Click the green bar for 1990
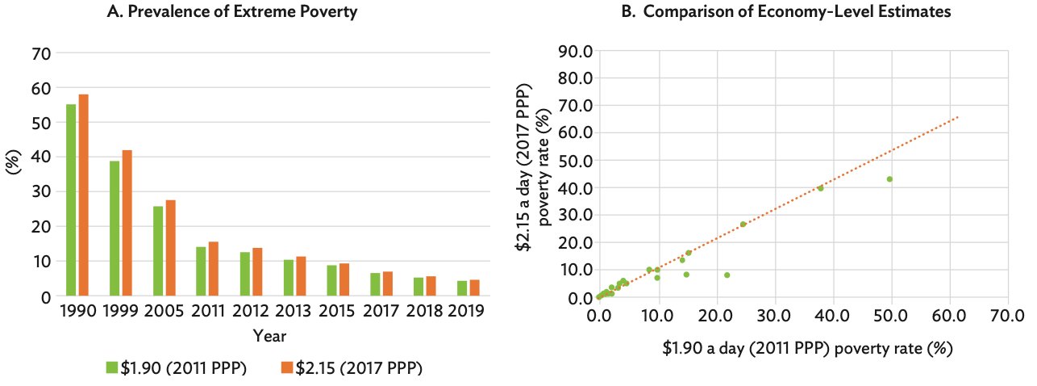click(x=71, y=200)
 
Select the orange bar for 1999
click(x=127, y=223)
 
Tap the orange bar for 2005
click(x=170, y=248)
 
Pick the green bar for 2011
click(x=201, y=271)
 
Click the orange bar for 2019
click(x=474, y=288)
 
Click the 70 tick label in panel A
click(x=41, y=54)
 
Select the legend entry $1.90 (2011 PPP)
click(x=176, y=367)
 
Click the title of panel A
click(x=232, y=12)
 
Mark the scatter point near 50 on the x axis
click(x=889, y=179)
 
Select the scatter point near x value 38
click(x=820, y=188)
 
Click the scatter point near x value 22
click(x=727, y=275)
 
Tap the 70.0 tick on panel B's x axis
click(x=1007, y=315)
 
